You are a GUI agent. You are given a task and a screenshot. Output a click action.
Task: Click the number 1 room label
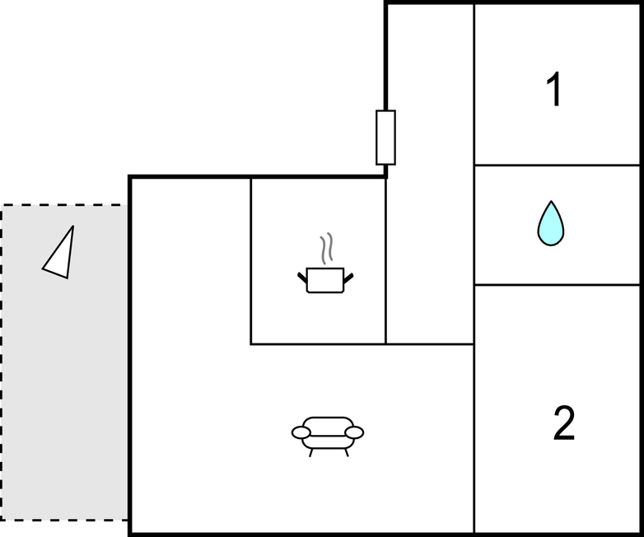point(554,89)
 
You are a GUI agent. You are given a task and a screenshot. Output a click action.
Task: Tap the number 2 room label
point(564,423)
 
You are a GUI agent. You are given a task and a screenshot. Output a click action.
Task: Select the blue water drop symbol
point(551,223)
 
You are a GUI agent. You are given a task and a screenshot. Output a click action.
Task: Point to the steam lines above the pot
point(326,248)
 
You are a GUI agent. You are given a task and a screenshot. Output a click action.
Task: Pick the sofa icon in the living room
point(327,437)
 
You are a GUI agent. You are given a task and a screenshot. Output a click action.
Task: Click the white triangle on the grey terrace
point(59,253)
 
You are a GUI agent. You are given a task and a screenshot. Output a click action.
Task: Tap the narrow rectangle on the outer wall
point(385,138)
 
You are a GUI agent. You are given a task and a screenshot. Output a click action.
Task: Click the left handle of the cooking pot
point(302,278)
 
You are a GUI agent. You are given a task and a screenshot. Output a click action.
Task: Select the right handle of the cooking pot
point(348,278)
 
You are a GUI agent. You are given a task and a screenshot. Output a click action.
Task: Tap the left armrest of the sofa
point(301,432)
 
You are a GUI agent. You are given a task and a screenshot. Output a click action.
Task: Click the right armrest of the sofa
point(354,432)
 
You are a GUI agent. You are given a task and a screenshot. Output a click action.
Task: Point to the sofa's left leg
point(311,453)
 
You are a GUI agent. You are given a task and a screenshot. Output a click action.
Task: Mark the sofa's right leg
point(346,453)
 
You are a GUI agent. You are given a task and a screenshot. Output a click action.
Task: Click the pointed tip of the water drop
point(551,201)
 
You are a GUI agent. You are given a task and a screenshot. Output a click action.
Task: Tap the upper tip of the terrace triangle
point(73,226)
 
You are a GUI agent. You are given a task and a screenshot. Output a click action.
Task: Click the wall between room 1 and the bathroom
point(558,166)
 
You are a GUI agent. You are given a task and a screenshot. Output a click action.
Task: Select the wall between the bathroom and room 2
point(558,284)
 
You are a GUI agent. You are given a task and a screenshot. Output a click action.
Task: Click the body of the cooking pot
point(325,280)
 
